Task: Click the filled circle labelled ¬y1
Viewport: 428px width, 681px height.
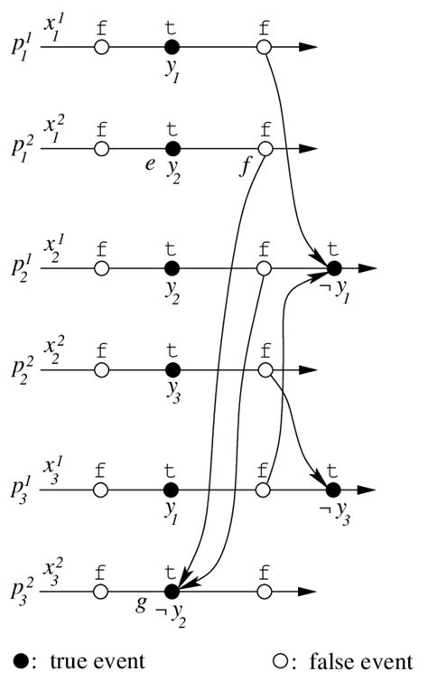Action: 334,268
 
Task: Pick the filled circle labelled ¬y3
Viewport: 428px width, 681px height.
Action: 332,489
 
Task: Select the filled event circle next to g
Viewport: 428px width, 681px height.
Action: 172,592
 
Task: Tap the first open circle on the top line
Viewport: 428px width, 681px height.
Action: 102,47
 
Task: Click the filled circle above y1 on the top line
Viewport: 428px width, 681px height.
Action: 172,47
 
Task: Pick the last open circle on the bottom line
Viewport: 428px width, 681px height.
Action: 265,592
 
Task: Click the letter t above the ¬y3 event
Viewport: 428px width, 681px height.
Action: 332,469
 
